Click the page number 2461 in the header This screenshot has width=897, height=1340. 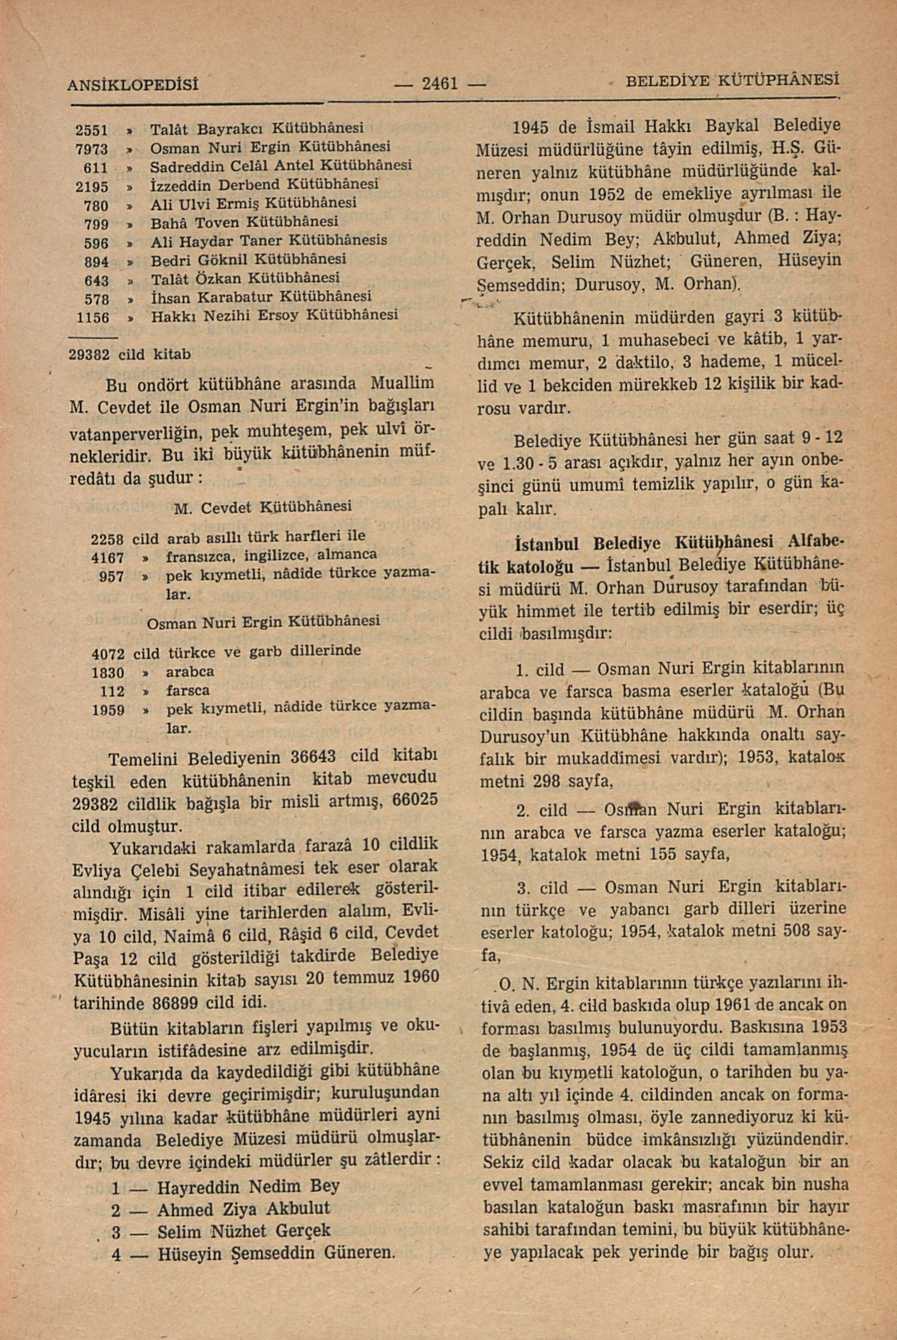[x=439, y=85]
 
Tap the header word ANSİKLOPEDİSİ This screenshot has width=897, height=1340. [x=133, y=86]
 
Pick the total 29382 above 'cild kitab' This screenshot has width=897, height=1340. [x=90, y=355]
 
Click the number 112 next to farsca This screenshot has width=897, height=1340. [x=112, y=692]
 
